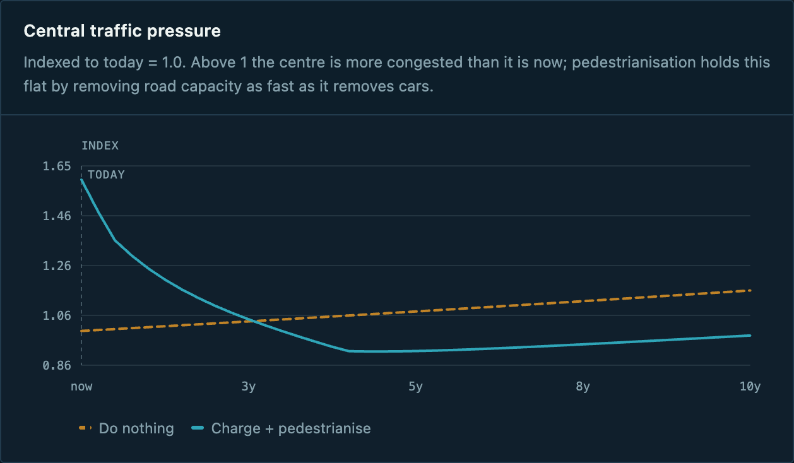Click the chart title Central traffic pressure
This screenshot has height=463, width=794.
122,31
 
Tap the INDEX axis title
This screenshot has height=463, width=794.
100,146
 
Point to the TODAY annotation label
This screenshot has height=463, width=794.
106,175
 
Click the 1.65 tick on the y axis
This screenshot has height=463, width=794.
57,166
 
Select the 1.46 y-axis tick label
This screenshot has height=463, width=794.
57,216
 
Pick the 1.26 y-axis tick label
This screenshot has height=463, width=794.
57,266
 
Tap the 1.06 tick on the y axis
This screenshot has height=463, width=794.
57,315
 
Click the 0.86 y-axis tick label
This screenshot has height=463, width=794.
57,365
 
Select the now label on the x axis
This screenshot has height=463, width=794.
81,386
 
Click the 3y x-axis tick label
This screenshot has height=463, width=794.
249,386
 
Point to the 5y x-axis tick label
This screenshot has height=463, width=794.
415,386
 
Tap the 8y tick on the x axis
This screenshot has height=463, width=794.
583,386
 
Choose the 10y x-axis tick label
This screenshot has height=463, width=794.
750,386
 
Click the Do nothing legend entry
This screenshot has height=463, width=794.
126,428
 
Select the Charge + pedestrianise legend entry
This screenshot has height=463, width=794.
281,428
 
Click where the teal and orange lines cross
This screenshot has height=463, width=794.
254,321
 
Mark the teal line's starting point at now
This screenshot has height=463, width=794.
82,180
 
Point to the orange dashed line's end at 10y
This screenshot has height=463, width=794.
750,291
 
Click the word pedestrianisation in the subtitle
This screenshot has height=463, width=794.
634,62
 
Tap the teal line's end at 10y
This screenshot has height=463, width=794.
750,336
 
